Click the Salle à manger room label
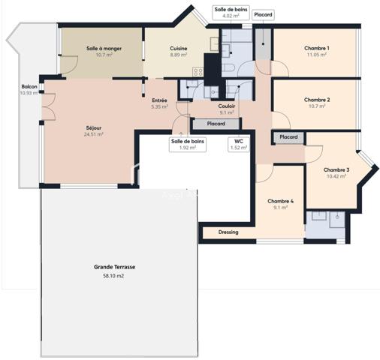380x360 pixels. pyautogui.click(x=104, y=49)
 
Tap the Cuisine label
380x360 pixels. pyautogui.click(x=178, y=49)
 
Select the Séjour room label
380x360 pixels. pyautogui.click(x=94, y=128)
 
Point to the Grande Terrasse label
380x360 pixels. pyautogui.click(x=114, y=267)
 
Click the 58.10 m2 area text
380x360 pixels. pyautogui.click(x=114, y=276)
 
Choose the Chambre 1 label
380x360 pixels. pyautogui.click(x=318, y=49)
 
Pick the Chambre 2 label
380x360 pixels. pyautogui.click(x=318, y=100)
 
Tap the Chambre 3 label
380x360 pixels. pyautogui.click(x=336, y=170)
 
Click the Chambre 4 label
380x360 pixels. pyautogui.click(x=281, y=201)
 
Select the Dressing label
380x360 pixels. pyautogui.click(x=228, y=232)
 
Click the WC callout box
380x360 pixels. pyautogui.click(x=238, y=144)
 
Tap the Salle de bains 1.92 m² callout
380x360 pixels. pyautogui.click(x=188, y=144)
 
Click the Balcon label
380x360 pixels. pyautogui.click(x=29, y=86)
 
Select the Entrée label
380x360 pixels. pyautogui.click(x=160, y=100)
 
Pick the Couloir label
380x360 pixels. pyautogui.click(x=227, y=106)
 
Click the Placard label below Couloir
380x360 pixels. pyautogui.click(x=216, y=124)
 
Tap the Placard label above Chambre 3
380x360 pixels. pyautogui.click(x=288, y=137)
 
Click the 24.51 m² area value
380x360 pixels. pyautogui.click(x=94, y=135)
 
